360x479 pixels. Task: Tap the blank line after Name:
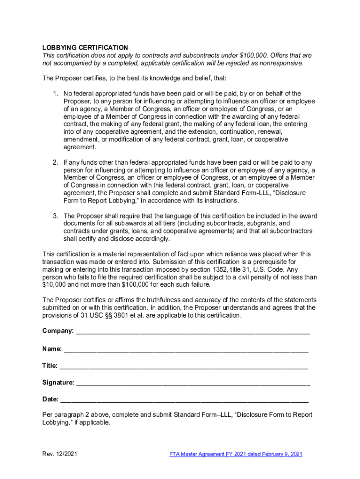[186, 349]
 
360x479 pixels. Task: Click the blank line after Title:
[183, 366]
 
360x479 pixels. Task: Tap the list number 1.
[55, 94]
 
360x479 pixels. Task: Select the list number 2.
[55, 162]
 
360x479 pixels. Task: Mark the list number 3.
[55, 216]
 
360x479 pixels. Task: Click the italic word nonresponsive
[280, 63]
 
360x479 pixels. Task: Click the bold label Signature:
[58, 383]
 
